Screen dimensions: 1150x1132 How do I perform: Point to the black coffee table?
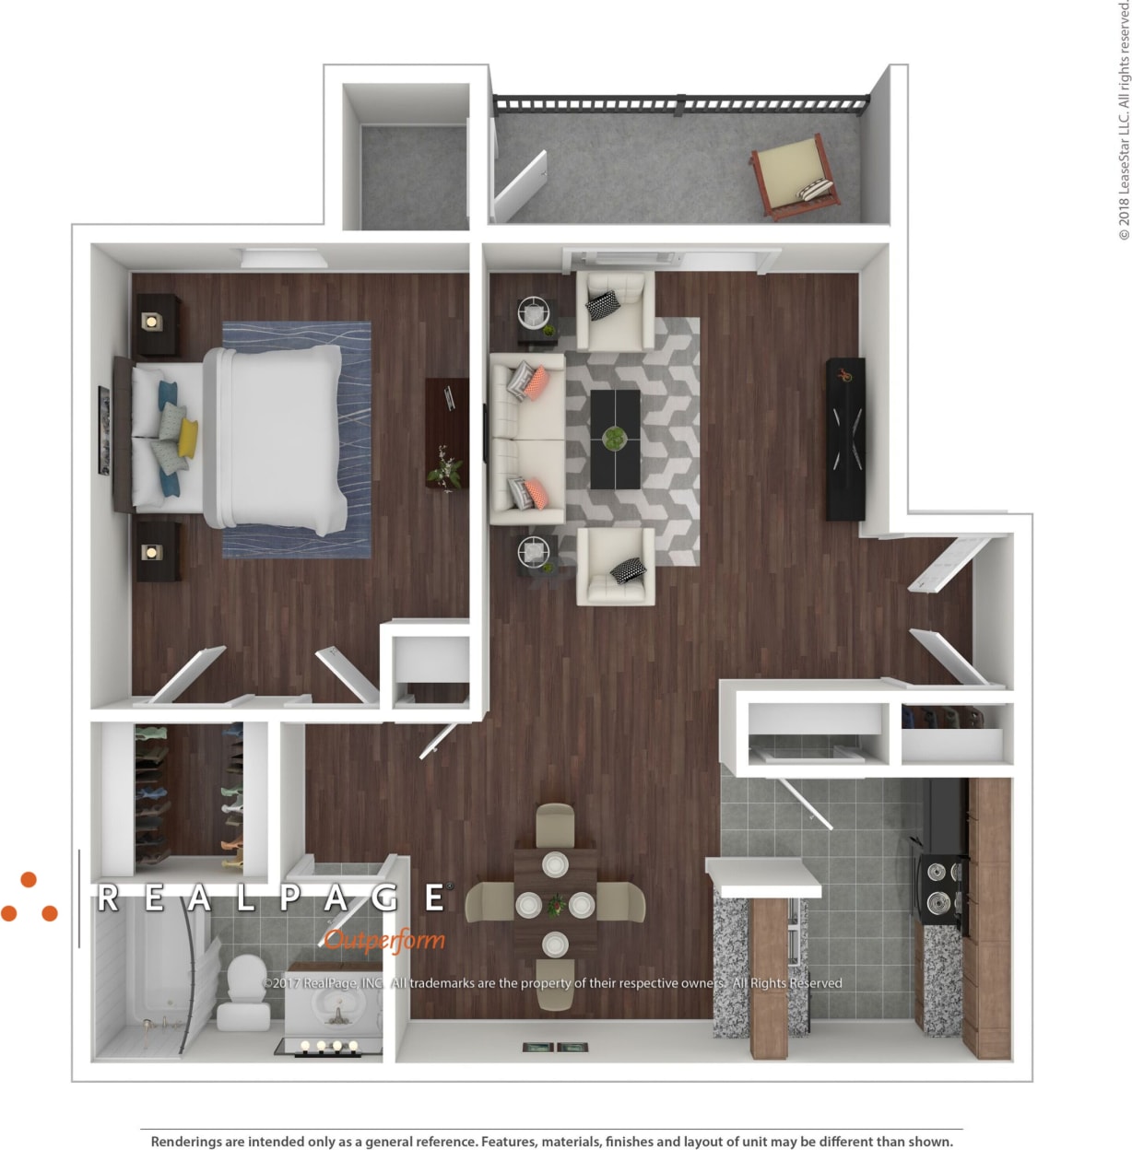615,439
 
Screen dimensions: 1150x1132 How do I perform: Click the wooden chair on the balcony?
794,175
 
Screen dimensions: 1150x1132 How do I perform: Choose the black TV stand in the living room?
845,439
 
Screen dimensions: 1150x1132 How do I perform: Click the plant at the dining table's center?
555,905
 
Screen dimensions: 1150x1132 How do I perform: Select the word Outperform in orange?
384,940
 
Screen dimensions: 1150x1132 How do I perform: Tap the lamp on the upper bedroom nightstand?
151,322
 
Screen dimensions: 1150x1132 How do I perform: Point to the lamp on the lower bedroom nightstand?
151,553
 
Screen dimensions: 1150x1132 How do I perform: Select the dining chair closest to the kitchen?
622,902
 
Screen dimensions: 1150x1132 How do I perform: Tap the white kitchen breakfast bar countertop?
764,876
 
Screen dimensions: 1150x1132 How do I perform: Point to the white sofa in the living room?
526,439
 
